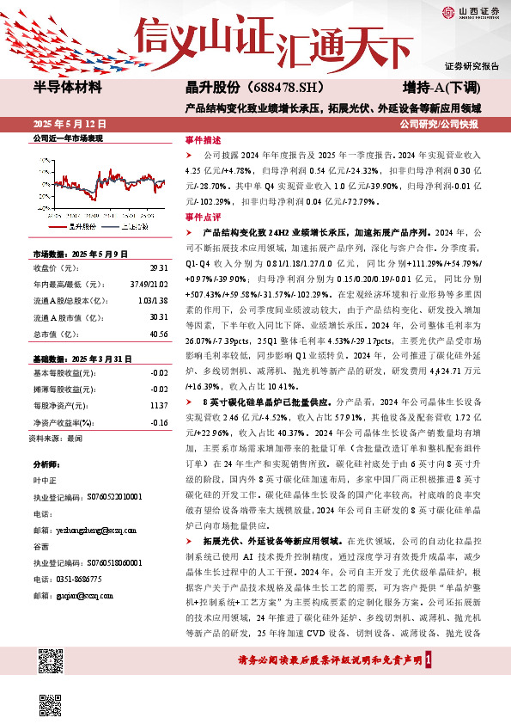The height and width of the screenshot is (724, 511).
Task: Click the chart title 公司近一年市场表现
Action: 67,138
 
